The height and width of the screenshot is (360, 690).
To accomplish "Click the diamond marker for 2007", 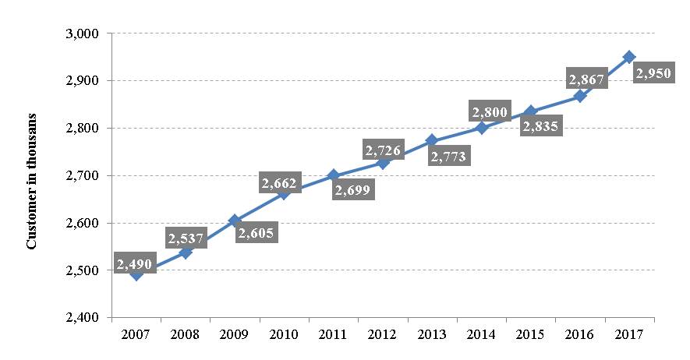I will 136,274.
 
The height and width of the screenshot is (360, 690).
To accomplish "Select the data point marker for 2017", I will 629,57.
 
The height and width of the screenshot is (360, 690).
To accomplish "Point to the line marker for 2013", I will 432,140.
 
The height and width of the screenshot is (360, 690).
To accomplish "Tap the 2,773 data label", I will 451,157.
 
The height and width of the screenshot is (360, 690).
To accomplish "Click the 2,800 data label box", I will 490,112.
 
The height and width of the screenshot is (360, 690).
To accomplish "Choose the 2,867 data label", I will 587,79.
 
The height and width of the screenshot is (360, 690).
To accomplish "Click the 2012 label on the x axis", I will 383,334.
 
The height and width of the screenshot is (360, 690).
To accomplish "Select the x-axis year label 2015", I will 531,334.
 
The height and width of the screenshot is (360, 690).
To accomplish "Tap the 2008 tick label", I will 186,334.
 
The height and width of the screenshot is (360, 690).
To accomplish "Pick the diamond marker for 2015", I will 531,111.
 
